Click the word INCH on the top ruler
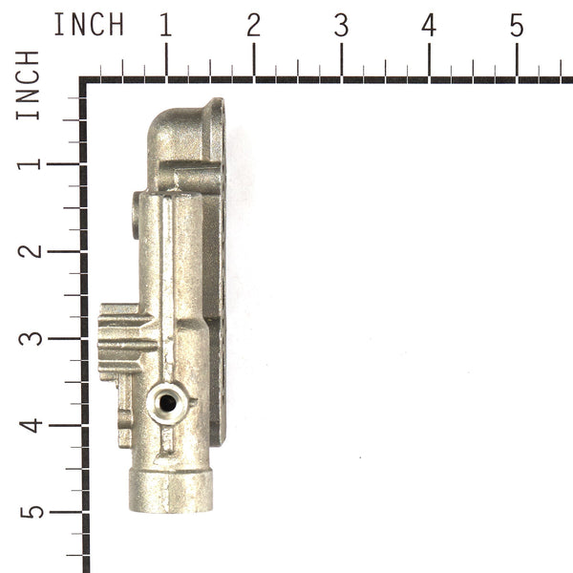(89, 26)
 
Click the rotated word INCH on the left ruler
(29, 86)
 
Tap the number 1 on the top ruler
(166, 26)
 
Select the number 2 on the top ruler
(253, 26)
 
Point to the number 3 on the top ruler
(341, 26)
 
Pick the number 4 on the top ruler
(429, 26)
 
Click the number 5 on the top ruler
(517, 26)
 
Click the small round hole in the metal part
(167, 403)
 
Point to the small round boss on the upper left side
(136, 215)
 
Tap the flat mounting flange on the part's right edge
(219, 286)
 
